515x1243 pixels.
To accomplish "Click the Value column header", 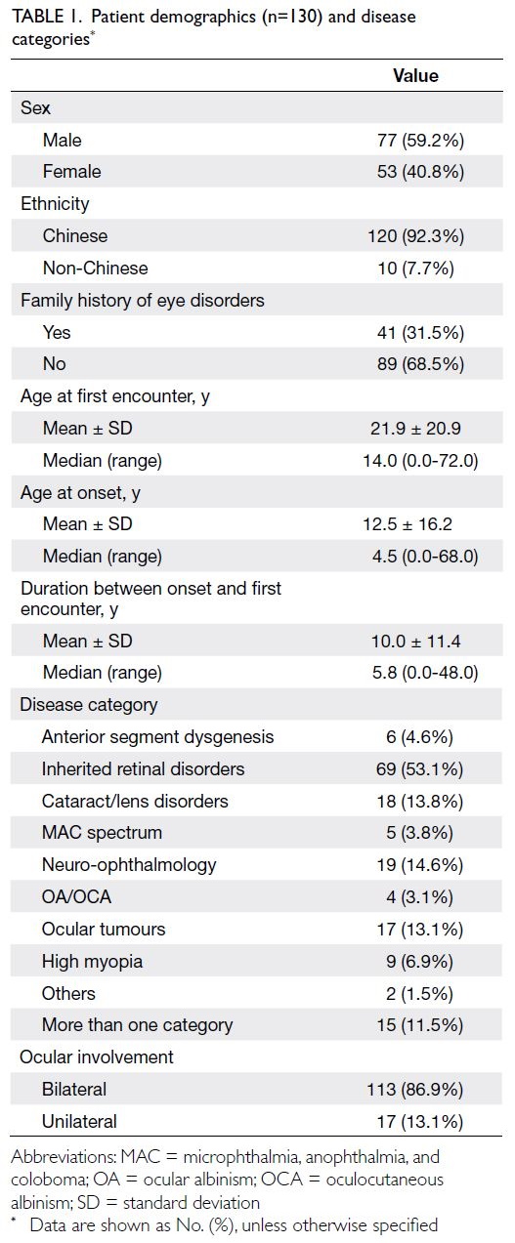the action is [415, 75].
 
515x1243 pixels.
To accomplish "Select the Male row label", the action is [63, 140].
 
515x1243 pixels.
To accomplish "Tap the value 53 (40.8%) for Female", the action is [420, 172].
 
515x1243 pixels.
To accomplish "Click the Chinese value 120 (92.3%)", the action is [415, 236].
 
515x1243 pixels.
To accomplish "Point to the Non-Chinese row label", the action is [96, 268].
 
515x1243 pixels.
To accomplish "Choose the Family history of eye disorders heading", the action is [143, 300].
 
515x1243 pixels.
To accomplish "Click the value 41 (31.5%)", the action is [420, 332].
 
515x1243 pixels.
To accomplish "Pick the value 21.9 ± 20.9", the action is [415, 429].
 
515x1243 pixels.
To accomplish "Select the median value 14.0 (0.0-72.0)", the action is [420, 461].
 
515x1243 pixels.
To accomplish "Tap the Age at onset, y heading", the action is [80, 493].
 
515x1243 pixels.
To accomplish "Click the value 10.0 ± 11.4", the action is [415, 642].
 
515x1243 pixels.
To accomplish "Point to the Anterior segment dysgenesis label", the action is [157, 737].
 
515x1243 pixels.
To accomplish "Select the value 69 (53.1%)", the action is [419, 769].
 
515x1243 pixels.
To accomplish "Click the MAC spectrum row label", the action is [103, 833].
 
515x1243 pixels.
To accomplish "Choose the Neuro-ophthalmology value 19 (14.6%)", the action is [419, 865].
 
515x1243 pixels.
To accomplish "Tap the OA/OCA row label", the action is [76, 897].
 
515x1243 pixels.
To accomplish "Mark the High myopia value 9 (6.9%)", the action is [419, 962].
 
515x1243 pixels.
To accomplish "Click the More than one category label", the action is [137, 1025].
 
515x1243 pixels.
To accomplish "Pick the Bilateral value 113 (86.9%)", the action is [414, 1090].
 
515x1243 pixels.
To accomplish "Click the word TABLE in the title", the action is [38, 16].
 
